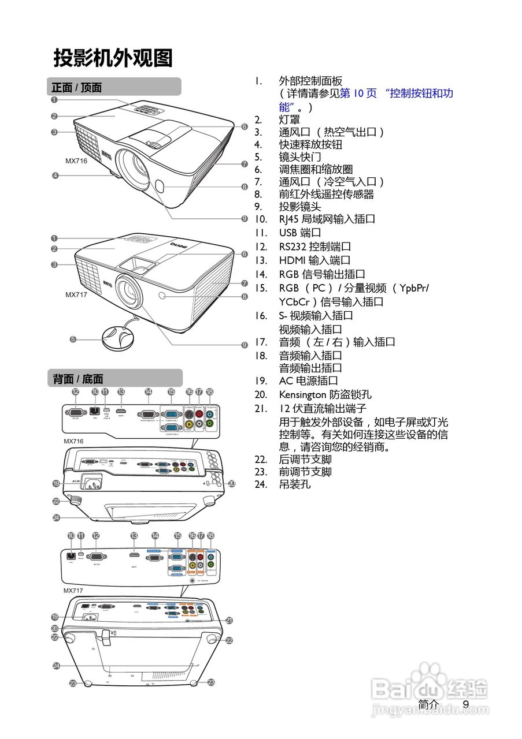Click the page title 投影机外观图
click(x=113, y=58)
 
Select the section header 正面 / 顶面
click(x=77, y=88)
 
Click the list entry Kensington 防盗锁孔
click(x=325, y=395)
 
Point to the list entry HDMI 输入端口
click(x=314, y=260)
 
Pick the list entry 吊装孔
click(x=295, y=484)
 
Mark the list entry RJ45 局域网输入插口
click(x=327, y=219)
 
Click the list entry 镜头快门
click(x=300, y=157)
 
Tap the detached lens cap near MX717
click(x=118, y=335)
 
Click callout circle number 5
click(x=73, y=339)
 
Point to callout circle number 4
click(x=55, y=176)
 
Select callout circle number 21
click(x=229, y=620)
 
